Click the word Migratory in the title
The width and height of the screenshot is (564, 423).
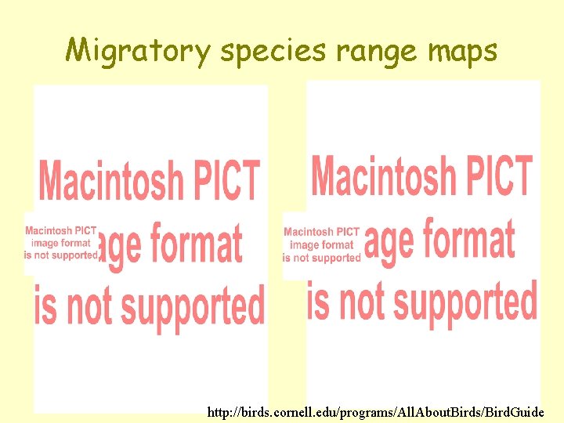(x=139, y=51)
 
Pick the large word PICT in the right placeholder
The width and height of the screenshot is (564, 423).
(x=503, y=175)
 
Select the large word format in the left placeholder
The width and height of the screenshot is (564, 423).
(x=196, y=244)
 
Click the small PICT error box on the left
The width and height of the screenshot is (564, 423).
(x=61, y=243)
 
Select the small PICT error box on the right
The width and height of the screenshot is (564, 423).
(x=321, y=244)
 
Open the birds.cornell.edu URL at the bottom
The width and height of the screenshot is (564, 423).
(x=375, y=411)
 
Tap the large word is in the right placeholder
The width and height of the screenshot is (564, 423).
(x=319, y=302)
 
